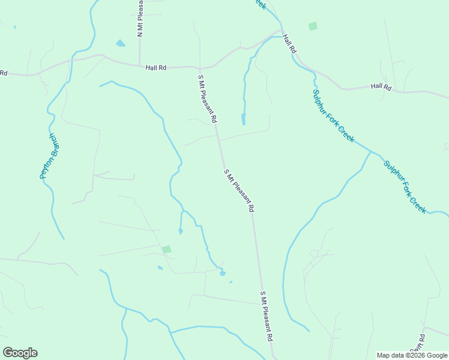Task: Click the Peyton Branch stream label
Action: (x=47, y=155)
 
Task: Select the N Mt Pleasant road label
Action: (x=140, y=19)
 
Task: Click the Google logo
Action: (x=20, y=353)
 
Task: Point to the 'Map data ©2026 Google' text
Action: (x=412, y=355)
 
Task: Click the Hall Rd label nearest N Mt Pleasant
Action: (x=155, y=68)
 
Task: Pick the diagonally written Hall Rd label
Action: (x=289, y=44)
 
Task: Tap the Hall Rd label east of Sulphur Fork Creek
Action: (x=381, y=86)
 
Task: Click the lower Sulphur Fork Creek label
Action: (x=405, y=186)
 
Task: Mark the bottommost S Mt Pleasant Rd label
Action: (x=267, y=317)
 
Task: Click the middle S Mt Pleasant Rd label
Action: (x=240, y=191)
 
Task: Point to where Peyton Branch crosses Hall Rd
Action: (x=71, y=60)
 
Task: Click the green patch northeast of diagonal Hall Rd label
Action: (x=312, y=26)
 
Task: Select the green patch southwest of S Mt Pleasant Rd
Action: (x=166, y=249)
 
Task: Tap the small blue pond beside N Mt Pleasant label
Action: (x=121, y=43)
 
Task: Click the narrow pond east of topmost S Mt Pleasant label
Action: (x=243, y=119)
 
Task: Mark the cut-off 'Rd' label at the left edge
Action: (x=3, y=73)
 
